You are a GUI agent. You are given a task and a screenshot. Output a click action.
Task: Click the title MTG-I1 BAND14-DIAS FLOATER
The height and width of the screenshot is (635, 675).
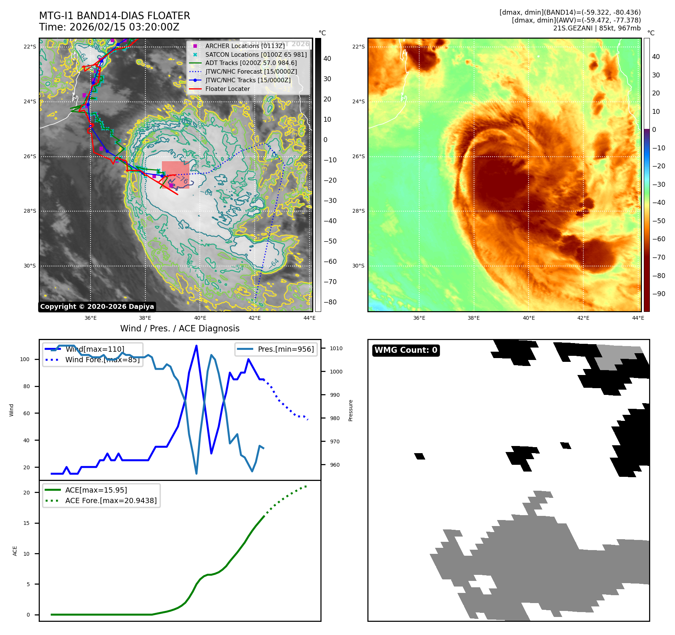tap(115, 16)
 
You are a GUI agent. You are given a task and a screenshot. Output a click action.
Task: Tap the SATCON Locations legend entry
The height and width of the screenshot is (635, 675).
tap(256, 54)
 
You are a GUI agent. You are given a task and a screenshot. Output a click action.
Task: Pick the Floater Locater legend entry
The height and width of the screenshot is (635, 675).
tap(227, 89)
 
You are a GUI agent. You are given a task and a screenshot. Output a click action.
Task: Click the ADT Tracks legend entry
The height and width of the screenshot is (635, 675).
tap(251, 63)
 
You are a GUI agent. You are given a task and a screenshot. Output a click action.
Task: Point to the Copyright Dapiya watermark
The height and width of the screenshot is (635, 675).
tap(97, 307)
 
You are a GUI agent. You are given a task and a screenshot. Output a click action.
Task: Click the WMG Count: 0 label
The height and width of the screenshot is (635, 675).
tap(406, 350)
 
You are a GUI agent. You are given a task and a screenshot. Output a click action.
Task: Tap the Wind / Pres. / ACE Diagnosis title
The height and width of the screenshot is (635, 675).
tap(180, 328)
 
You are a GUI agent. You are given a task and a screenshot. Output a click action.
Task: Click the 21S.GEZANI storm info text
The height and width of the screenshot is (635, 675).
tap(596, 28)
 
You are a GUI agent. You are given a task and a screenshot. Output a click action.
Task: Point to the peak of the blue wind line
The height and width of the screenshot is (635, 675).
tap(196, 346)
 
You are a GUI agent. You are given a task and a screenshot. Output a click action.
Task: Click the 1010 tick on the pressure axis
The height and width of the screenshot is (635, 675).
tap(336, 348)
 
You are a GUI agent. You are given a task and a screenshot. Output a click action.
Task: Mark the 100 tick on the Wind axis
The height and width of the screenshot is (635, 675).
tap(25, 359)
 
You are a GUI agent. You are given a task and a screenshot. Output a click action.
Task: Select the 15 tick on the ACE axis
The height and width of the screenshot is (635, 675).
tap(26, 523)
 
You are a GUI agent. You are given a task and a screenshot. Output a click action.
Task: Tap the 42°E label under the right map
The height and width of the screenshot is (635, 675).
tap(583, 318)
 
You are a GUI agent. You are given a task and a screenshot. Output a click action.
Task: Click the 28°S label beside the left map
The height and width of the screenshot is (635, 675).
tap(30, 211)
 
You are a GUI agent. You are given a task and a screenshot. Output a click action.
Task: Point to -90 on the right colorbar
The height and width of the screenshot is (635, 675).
tap(658, 294)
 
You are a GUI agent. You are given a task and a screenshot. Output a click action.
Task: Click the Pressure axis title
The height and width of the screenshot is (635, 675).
tap(350, 410)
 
